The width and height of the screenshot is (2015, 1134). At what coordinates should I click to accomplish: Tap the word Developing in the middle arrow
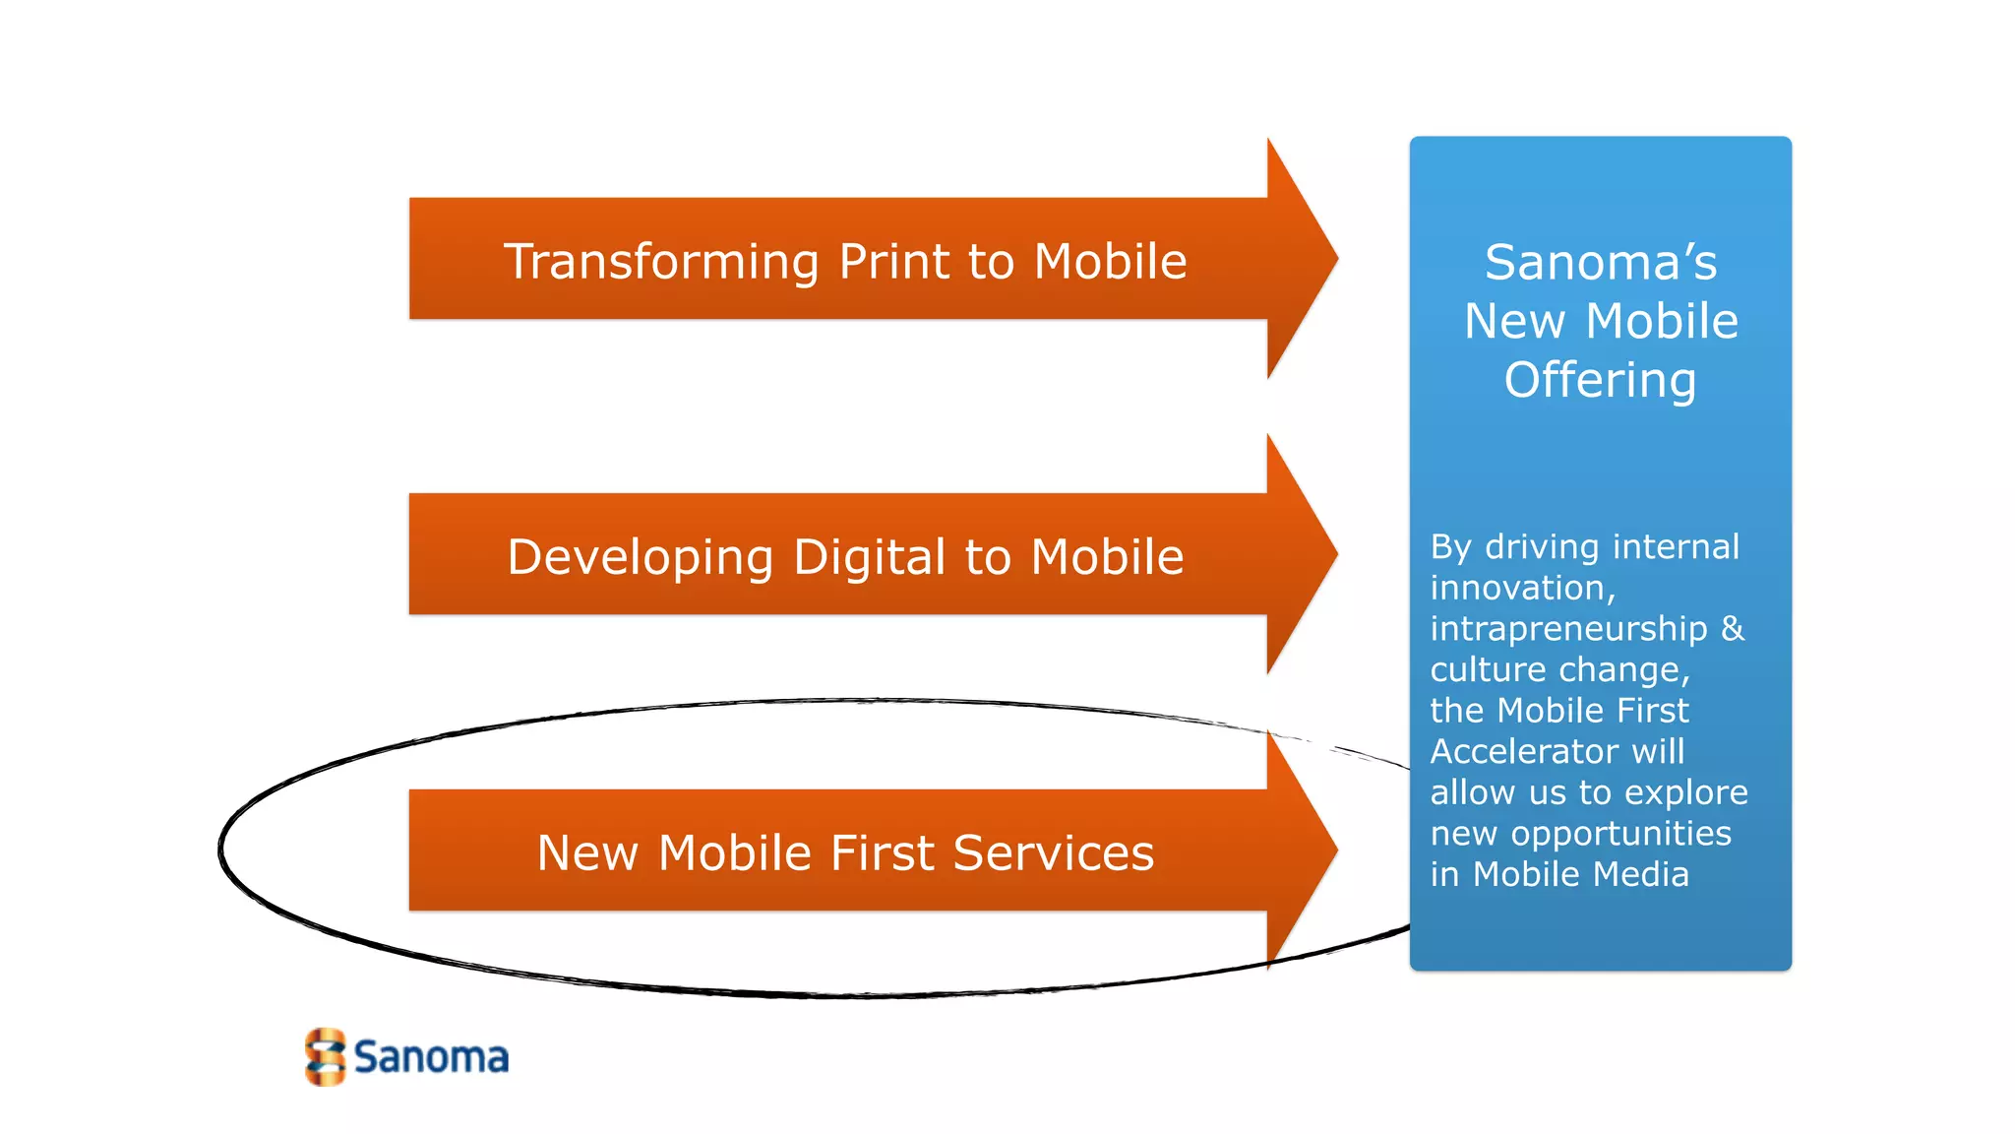641,558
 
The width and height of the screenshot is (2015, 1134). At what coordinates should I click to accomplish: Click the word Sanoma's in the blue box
1601,263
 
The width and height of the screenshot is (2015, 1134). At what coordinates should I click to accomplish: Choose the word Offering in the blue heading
1601,381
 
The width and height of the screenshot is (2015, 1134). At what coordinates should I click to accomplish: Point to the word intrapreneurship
1568,628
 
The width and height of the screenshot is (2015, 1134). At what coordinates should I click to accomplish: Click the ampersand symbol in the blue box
1733,628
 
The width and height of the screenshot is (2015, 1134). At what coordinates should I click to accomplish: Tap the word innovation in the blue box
1521,588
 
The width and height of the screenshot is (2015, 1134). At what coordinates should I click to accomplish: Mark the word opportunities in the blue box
1620,834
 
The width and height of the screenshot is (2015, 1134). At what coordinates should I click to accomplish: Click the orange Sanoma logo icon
325,1057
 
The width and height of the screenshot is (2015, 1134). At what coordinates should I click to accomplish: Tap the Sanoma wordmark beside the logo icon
431,1057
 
